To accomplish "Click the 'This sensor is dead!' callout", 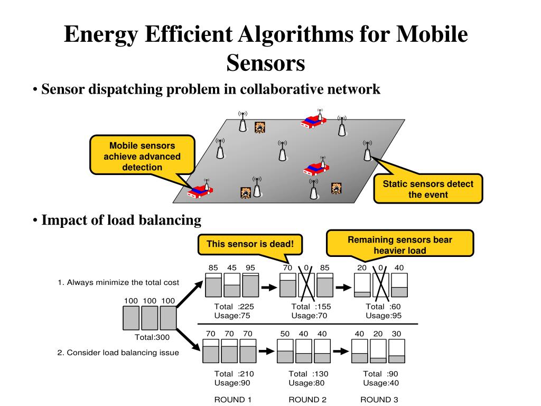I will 250,244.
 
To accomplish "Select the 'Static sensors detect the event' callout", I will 428,189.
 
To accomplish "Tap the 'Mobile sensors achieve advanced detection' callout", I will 142,156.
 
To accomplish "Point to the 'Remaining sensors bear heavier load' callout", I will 400,245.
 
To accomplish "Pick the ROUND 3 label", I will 379,399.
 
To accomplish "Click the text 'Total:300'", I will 153,337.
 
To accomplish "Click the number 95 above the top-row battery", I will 250,267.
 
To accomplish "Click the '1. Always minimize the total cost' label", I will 118,282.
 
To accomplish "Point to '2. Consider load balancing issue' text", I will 118,353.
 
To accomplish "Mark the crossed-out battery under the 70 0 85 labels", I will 306,285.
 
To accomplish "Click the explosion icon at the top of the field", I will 259,127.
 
